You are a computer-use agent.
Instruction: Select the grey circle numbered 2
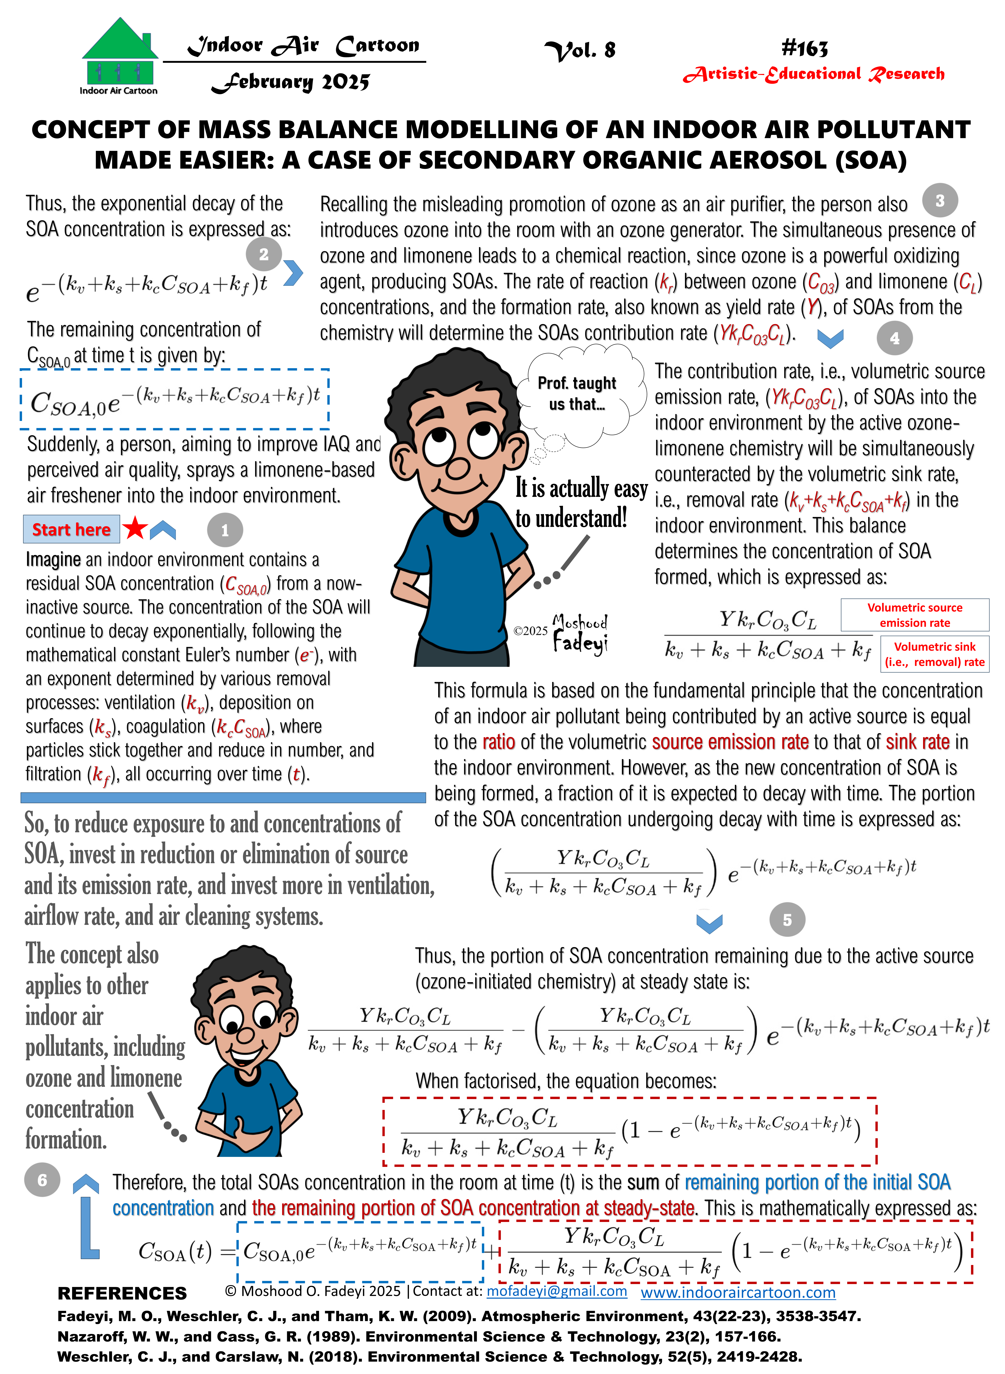click(263, 254)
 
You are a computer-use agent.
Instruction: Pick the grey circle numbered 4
click(894, 338)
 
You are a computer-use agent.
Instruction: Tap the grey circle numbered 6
click(42, 1180)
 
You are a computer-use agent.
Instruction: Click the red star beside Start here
click(135, 528)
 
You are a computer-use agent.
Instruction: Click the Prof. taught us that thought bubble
click(578, 394)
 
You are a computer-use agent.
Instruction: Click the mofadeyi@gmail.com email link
click(557, 1291)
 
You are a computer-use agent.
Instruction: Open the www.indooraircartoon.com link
click(738, 1292)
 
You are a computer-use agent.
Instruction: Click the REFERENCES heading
click(122, 1293)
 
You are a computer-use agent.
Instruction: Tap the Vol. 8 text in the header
click(580, 50)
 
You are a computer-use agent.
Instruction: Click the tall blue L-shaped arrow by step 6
click(88, 1223)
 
